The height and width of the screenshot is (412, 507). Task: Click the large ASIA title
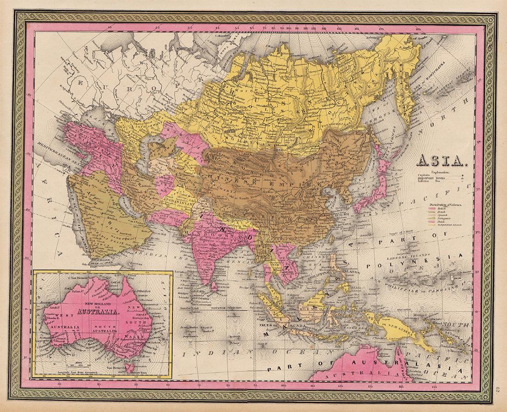442,162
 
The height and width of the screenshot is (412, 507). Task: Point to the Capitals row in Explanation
438,176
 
